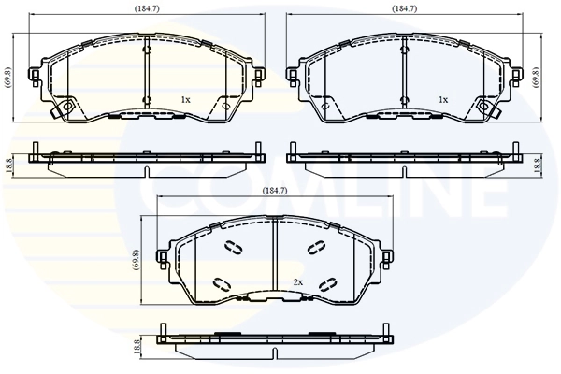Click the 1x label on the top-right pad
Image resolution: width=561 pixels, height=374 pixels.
click(x=443, y=99)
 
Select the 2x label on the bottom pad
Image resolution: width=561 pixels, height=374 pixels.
click(x=298, y=281)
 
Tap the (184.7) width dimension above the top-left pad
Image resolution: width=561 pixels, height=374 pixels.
click(x=145, y=8)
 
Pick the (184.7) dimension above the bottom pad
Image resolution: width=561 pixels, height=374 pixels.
click(x=274, y=191)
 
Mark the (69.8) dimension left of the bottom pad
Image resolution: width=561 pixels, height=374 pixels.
click(x=137, y=258)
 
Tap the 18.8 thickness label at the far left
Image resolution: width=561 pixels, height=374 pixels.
click(x=8, y=165)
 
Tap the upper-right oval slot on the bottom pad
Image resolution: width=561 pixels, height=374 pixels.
click(x=315, y=248)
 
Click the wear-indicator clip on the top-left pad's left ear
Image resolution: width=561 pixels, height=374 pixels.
click(x=65, y=110)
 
